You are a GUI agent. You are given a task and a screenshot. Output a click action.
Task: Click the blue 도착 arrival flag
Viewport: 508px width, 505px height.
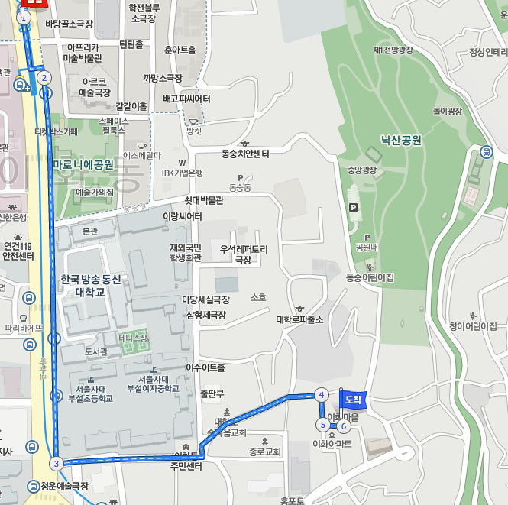coord(351,399)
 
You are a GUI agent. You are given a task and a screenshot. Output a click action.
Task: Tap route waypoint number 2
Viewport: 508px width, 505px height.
coord(44,77)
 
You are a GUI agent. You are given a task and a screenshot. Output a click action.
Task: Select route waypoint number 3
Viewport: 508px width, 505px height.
coord(56,463)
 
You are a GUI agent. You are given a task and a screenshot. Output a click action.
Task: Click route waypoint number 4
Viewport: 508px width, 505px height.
coord(322,395)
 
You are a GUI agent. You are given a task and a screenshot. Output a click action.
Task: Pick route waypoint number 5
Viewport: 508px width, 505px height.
coord(323,425)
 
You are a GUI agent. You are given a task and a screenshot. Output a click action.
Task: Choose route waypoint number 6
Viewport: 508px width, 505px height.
coord(344,426)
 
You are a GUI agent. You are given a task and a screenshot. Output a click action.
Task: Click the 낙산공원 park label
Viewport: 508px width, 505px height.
coord(402,141)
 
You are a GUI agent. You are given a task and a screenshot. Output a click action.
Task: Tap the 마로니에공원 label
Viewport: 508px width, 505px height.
coord(83,164)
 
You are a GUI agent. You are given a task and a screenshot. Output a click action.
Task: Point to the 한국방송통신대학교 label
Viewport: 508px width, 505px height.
coord(90,286)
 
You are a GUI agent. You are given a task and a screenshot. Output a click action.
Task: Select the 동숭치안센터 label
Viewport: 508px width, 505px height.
coord(245,154)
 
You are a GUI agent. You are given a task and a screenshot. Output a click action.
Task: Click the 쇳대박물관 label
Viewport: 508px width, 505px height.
coord(204,200)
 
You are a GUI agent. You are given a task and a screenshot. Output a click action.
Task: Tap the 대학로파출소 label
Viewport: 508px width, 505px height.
coord(299,319)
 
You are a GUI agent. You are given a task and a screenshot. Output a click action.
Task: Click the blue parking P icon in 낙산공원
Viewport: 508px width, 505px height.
coord(352,207)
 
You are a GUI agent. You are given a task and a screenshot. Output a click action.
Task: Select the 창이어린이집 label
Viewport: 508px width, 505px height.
coord(473,326)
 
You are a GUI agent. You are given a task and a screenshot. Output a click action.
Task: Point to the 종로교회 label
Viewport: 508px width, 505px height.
coord(264,452)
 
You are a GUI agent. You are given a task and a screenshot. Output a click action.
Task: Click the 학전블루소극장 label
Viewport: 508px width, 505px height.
coord(149,13)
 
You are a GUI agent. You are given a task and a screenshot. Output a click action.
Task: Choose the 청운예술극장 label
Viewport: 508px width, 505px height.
coord(65,486)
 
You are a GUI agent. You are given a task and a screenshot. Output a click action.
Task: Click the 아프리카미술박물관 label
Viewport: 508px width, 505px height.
coord(83,53)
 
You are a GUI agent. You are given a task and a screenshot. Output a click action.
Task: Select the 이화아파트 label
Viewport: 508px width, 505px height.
coord(332,443)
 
